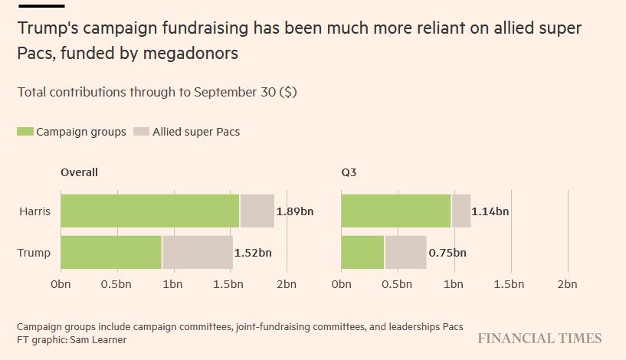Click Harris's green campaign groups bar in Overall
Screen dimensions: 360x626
(150, 211)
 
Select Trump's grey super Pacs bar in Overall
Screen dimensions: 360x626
(198, 252)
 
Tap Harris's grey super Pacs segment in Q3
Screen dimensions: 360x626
(460, 211)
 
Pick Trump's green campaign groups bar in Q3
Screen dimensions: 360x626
(362, 252)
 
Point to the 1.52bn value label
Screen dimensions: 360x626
(254, 253)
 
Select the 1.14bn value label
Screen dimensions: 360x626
(491, 211)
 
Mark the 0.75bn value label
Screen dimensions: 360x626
(447, 253)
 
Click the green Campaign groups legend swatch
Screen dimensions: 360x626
(25, 132)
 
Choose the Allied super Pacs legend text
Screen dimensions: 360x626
(196, 132)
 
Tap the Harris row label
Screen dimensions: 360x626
(35, 211)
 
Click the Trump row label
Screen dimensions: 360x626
(35, 253)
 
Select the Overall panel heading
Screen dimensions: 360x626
(79, 172)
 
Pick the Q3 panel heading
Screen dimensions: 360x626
(349, 172)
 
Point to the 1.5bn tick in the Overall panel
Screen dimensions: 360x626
(230, 284)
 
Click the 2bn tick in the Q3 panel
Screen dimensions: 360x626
(567, 284)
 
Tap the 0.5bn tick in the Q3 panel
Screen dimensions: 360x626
(397, 284)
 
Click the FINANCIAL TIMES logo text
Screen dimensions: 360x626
(539, 339)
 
